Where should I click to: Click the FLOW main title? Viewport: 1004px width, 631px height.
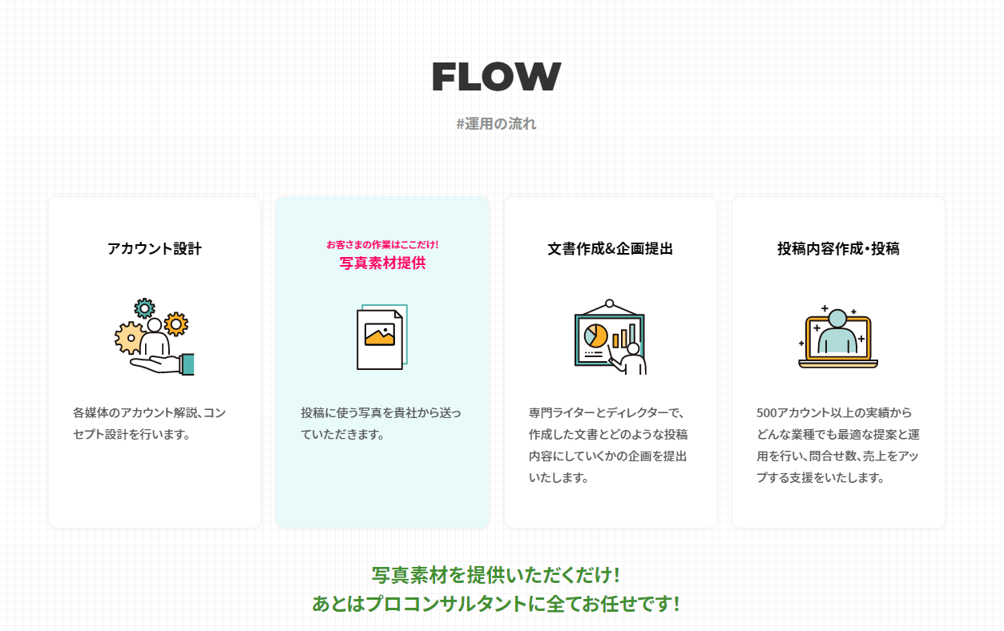pyautogui.click(x=496, y=77)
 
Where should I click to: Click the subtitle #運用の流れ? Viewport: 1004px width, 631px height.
pyautogui.click(x=496, y=124)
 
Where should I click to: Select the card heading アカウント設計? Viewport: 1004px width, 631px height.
pyautogui.click(x=155, y=249)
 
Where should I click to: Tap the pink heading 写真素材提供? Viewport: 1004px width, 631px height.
pyautogui.click(x=382, y=263)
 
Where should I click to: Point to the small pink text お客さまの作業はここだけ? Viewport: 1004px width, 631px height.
pyautogui.click(x=382, y=244)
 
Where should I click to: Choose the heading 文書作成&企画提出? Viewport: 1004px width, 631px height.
pyautogui.click(x=610, y=249)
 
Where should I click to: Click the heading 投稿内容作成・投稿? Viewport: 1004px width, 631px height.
pyautogui.click(x=838, y=249)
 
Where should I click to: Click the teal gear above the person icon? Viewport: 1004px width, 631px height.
pyautogui.click(x=144, y=307)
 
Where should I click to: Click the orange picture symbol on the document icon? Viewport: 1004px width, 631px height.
pyautogui.click(x=380, y=335)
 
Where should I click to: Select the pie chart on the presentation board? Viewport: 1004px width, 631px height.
pyautogui.click(x=596, y=336)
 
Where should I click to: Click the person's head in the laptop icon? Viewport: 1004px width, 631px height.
pyautogui.click(x=838, y=318)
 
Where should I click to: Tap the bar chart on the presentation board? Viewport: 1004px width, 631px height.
pyautogui.click(x=624, y=336)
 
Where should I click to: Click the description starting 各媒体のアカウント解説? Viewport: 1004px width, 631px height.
pyautogui.click(x=149, y=424)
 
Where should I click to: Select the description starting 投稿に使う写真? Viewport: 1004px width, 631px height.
pyautogui.click(x=381, y=424)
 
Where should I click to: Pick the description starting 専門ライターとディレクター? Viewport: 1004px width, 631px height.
pyautogui.click(x=608, y=445)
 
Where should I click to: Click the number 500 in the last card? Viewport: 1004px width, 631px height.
pyautogui.click(x=767, y=413)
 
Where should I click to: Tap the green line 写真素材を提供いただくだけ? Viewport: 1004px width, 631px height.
pyautogui.click(x=496, y=576)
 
